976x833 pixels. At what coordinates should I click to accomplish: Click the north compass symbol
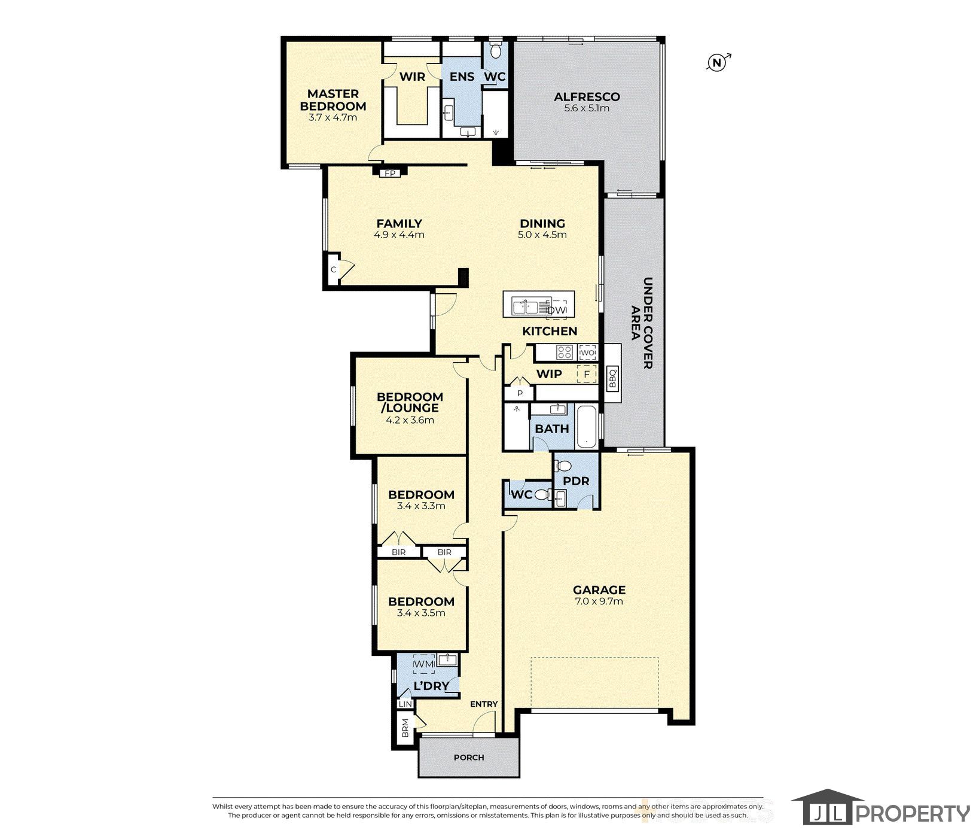718,62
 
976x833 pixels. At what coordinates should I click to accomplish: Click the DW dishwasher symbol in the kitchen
557,309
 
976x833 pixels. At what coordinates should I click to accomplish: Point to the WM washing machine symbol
424,664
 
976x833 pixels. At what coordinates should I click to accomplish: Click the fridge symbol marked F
587,375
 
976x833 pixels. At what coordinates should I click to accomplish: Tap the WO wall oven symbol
587,353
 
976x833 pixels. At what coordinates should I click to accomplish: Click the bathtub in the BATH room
587,427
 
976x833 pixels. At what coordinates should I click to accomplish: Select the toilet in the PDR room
563,466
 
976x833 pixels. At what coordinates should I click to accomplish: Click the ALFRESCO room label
587,96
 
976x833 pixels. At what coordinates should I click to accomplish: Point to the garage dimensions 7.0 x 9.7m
599,601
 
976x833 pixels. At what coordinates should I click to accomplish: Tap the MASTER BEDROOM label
333,100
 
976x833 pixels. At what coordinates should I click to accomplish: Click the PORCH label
469,757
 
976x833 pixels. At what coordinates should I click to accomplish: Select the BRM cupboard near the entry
405,728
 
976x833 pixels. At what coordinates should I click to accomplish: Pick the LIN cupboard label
405,705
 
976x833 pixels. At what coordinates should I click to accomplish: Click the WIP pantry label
549,374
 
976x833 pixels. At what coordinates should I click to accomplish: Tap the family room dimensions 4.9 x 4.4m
399,235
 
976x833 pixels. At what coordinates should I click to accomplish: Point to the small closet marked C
334,269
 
